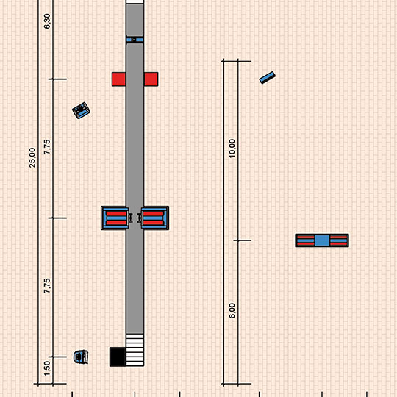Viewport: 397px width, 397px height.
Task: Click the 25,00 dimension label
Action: point(32,157)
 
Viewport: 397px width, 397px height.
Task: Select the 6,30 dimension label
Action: point(47,21)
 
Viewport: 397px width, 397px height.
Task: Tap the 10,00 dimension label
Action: point(232,148)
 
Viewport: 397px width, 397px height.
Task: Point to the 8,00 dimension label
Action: point(232,310)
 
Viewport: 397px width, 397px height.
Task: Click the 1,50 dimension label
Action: point(47,368)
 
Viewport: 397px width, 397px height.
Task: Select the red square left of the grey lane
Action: point(119,79)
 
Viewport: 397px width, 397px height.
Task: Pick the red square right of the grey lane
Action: point(151,79)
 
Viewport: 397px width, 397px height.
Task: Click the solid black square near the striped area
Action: point(118,357)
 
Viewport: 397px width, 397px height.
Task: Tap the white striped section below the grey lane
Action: point(135,350)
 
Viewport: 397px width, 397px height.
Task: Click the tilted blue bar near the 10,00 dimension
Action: point(268,77)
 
